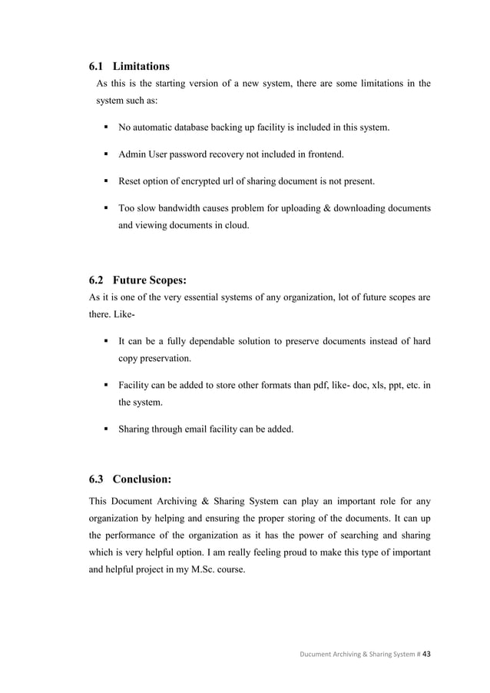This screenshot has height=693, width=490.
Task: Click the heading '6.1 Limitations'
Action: (129, 66)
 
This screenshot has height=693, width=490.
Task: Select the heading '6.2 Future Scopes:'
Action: (137, 280)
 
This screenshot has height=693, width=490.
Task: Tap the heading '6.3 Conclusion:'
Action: (130, 479)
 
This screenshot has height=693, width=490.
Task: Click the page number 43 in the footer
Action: (427, 654)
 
